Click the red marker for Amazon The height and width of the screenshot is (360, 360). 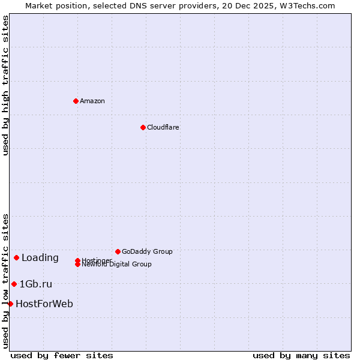pos(76,101)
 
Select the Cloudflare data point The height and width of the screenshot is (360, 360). pos(143,127)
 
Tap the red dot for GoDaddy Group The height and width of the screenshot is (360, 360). pos(118,251)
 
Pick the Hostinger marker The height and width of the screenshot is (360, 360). pos(77,260)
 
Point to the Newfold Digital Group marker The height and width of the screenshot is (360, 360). pos(77,265)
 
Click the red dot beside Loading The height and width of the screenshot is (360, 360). pos(16,257)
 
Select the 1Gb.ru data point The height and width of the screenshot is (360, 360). pos(14,284)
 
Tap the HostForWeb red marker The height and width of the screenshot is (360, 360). pos(10,304)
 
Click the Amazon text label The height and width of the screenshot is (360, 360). pos(92,101)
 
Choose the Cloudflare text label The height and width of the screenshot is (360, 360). pos(163,127)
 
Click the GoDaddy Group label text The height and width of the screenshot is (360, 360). pos(147,251)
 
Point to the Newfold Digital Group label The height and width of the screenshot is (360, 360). pos(116,265)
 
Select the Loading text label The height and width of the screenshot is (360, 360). pos(40,258)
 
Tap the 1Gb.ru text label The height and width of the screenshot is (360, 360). pos(36,284)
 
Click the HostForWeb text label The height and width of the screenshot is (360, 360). pos(44,304)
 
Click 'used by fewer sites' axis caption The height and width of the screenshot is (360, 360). pos(62,355)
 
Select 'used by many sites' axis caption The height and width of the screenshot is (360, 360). pos(301,355)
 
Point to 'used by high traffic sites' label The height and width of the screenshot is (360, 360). pos(5,85)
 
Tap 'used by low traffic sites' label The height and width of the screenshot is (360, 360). pos(5,281)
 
